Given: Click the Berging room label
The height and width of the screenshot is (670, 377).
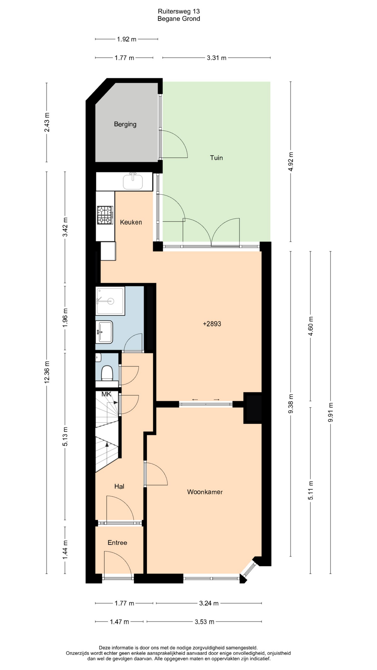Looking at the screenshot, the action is pos(125,124).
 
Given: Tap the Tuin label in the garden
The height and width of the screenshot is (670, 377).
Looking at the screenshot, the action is pos(216,158).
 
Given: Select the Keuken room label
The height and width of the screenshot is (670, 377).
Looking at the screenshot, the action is pos(131,222).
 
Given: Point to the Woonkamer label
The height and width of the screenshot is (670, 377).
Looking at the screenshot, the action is pos(205,492).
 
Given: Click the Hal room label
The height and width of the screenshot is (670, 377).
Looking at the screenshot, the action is pos(119,486).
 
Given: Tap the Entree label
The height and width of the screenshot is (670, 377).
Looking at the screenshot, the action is pos(117,543).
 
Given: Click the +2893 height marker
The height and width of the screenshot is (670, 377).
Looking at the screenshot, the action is pos(212,324).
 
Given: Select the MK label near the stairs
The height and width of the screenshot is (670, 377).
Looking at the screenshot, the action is pos(106,394).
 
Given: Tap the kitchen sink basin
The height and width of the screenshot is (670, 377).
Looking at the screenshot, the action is pos(133,182).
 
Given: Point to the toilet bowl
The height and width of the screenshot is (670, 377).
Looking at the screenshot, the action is pos(107,373).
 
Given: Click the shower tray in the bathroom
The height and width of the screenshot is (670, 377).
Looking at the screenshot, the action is pos(110,301).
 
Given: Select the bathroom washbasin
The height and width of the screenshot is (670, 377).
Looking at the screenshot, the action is pos(104,332).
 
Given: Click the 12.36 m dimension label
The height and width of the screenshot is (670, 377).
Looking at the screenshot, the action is pos(47,372).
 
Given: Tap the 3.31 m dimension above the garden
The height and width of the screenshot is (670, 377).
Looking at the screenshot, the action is pos(216,58).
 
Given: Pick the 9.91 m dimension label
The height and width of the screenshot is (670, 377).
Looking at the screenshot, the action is pos(331,412).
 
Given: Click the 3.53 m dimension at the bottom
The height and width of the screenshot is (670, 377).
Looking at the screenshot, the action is pos(205,621).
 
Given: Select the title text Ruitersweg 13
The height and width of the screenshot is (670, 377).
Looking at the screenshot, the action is pos(179,12).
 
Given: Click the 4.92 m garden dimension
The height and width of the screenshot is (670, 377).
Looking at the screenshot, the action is pos(291,162).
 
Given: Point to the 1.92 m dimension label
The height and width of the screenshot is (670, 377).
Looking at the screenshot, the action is pos(127,39).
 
